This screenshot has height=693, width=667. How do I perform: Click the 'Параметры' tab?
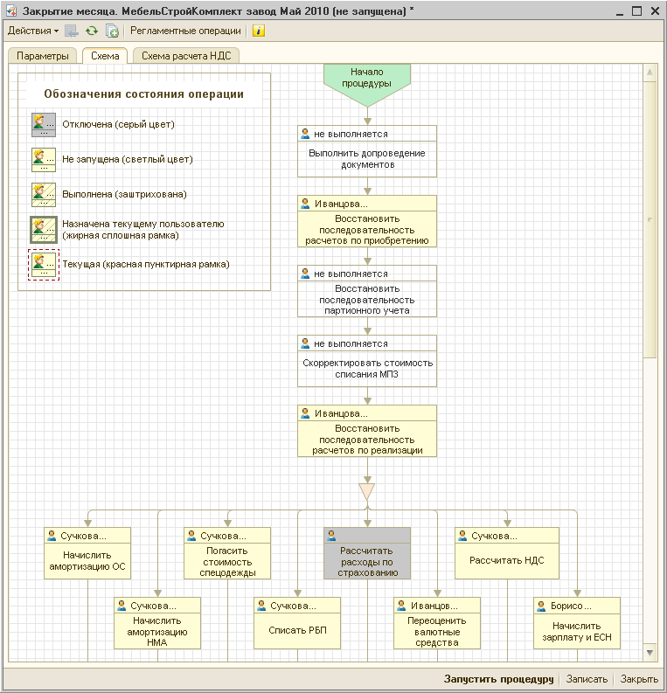pos(43,56)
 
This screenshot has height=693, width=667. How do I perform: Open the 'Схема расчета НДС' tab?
pos(186,56)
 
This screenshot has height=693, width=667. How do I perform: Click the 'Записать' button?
pos(587,679)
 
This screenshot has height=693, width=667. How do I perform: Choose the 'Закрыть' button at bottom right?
pos(639,679)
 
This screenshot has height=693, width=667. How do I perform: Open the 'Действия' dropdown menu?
pos(32,31)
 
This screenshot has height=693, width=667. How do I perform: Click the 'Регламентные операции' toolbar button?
pos(185,31)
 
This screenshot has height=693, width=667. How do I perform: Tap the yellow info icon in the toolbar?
pos(259,31)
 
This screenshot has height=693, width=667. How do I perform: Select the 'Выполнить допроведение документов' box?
pos(367,151)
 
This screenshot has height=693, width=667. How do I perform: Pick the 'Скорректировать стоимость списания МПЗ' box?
pos(367,361)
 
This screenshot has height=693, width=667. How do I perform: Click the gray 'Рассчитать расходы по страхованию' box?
pos(367,553)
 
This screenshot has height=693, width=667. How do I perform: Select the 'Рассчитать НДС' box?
pos(507,553)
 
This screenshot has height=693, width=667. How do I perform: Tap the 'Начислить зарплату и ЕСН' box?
pos(577,623)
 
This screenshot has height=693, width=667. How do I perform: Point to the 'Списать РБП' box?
pos(297,623)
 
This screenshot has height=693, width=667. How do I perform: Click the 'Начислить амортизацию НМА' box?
pos(157,623)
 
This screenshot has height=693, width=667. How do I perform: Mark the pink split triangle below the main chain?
pos(367,491)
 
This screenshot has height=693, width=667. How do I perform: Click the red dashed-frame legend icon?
pos(44,264)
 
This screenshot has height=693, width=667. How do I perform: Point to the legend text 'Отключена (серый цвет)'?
pos(119,125)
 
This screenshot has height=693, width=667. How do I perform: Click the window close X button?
pos(655,11)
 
